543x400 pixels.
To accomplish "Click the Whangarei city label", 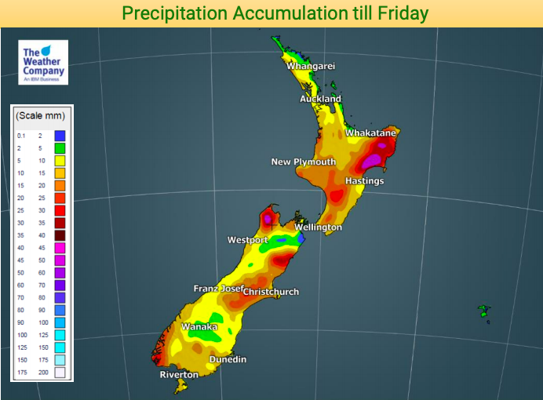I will click(x=311, y=66).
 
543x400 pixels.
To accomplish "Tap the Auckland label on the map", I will click(x=320, y=99).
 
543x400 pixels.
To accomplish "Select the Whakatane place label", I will click(x=370, y=133).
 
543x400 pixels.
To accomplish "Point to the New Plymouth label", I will click(x=303, y=162).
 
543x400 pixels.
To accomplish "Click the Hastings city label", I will click(x=365, y=181).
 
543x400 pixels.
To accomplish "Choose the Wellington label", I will click(x=318, y=227).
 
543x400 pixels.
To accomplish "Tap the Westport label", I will click(x=248, y=239).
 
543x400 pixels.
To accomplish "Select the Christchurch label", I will click(x=271, y=292).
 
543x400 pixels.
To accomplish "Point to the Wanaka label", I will click(x=199, y=326).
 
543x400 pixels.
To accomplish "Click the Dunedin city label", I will click(x=228, y=359).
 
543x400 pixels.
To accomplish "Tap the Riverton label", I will click(x=179, y=375).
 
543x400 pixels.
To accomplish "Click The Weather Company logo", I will click(x=43, y=63).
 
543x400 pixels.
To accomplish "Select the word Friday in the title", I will click(x=398, y=13).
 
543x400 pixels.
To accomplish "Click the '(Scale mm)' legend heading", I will click(x=40, y=115).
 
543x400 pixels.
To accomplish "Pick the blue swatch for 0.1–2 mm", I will click(x=60, y=136).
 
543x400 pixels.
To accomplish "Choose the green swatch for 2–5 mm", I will click(x=60, y=148).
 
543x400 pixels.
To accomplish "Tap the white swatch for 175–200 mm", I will click(x=60, y=372).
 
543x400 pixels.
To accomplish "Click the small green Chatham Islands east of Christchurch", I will click(x=485, y=313).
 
